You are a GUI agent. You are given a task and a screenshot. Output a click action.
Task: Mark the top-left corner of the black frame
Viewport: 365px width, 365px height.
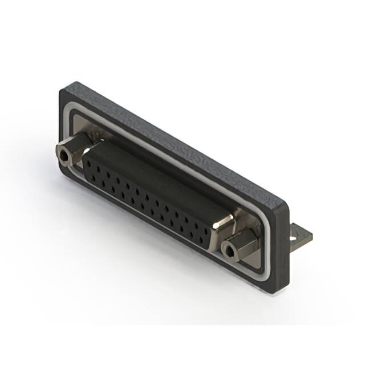62,87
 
